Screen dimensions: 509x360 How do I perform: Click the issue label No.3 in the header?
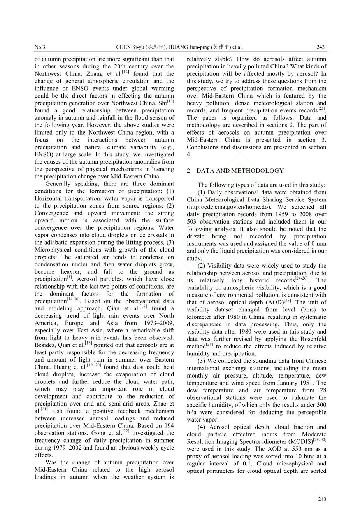(x=40, y=47)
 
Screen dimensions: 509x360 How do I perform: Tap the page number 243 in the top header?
(x=320, y=47)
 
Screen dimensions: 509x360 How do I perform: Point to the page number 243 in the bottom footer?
(x=322, y=499)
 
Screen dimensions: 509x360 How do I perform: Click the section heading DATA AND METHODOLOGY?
(x=240, y=171)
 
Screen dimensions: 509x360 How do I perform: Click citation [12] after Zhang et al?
(x=126, y=72)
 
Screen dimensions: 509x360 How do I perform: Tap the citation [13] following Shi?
(x=170, y=101)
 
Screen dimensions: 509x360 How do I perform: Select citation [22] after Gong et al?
(x=126, y=432)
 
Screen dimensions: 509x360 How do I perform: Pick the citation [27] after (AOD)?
(x=287, y=301)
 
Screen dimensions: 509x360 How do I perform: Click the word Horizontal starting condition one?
(x=49, y=198)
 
